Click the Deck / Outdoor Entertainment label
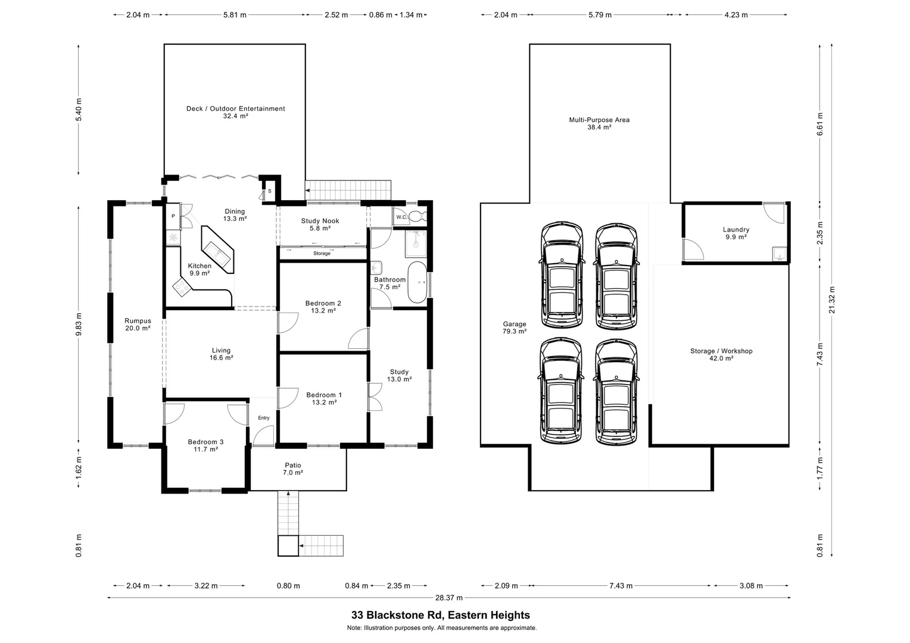pos(235,113)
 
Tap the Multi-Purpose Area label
pos(599,123)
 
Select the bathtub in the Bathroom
pos(417,282)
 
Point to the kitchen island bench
pos(219,249)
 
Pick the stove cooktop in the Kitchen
pos(181,289)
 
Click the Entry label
pos(263,418)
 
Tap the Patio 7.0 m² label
pos(292,469)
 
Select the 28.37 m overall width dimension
pos(448,598)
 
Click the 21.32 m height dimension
pos(832,300)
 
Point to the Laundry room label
pos(736,233)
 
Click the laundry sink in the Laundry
pos(779,254)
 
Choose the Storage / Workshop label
pos(721,354)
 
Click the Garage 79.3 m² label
pos(514,327)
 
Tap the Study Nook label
pos(320,224)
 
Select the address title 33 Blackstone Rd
pos(440,615)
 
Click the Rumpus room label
pos(138,324)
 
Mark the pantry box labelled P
pos(173,216)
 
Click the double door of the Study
pos(375,397)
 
